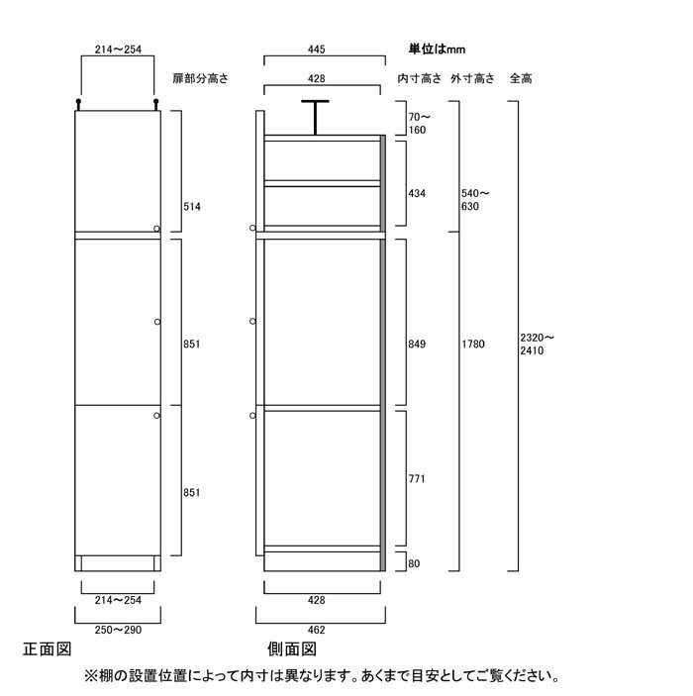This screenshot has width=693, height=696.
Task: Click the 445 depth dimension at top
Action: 316,50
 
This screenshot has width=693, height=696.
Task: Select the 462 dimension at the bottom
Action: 316,630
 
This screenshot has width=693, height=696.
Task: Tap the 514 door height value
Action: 192,206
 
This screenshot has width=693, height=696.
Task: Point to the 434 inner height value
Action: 417,193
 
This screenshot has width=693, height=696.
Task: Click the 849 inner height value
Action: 417,344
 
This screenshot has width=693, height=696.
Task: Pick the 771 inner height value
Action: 417,479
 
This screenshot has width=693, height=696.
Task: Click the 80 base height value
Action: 414,563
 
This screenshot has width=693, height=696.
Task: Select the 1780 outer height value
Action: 473,344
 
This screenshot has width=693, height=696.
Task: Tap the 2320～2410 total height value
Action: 538,344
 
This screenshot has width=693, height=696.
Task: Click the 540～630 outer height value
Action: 475,200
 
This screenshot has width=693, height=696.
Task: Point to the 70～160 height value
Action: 419,124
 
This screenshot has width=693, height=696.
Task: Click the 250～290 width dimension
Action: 118,630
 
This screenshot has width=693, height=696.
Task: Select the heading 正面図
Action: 48,649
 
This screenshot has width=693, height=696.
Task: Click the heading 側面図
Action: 292,649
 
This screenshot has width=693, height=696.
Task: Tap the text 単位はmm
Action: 437,49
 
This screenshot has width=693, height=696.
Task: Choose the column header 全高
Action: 521,78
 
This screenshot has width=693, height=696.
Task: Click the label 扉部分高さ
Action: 200,78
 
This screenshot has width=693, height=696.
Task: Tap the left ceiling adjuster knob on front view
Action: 78,105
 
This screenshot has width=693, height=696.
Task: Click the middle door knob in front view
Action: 157,322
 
